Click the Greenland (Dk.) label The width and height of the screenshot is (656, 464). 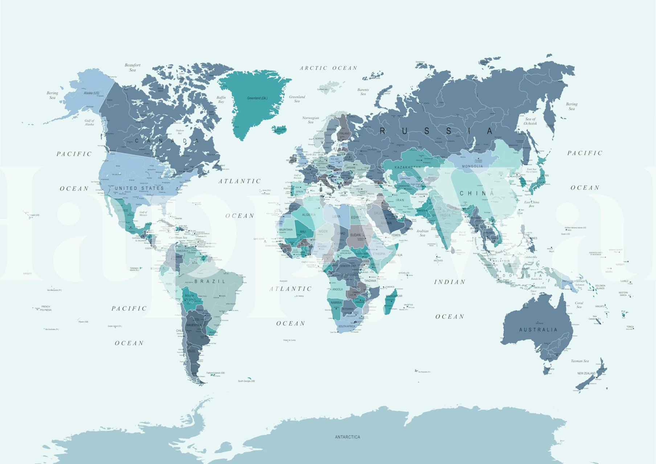point(257,98)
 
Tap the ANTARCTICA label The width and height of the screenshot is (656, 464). point(347,437)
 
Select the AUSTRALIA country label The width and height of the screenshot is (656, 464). point(538,330)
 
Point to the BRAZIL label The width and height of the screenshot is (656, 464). point(210,281)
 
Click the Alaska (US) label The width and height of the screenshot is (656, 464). point(91,93)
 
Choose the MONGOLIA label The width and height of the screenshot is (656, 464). point(472,166)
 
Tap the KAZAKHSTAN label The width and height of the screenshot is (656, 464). point(408,167)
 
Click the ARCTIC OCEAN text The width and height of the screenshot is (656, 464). point(328,68)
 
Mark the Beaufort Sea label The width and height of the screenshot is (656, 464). point(132,67)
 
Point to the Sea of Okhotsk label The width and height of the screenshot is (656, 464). point(530,121)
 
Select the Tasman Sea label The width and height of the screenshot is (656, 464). point(579,361)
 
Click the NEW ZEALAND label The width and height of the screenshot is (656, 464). point(586,373)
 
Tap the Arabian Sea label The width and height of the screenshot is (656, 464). point(422,233)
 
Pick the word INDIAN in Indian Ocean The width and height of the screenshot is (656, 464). point(450,282)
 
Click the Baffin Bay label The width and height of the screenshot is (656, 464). point(221,99)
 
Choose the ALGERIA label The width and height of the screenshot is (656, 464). point(309,215)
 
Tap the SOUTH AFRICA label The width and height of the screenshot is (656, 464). point(347,326)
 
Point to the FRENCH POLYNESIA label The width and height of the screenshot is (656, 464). point(46,308)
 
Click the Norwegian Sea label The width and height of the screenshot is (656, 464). point(311,120)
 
